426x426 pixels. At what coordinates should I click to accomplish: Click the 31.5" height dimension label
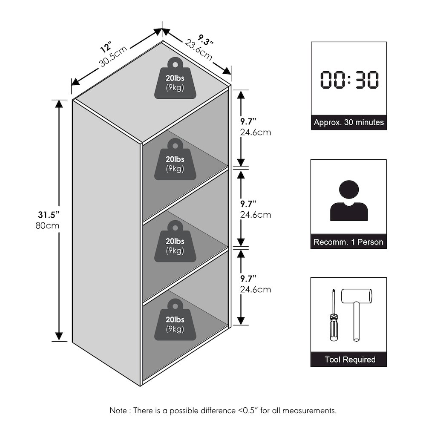tap(49, 215)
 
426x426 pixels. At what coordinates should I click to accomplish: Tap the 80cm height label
tap(48, 225)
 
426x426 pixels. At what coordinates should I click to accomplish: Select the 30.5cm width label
tap(113, 56)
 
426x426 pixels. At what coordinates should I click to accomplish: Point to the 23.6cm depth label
tap(199, 50)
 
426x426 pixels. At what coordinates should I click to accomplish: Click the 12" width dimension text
tap(106, 47)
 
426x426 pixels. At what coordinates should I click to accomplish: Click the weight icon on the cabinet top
tap(175, 78)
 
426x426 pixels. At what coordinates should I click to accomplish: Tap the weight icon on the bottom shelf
tap(175, 320)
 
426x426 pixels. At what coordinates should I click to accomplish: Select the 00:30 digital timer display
tap(349, 80)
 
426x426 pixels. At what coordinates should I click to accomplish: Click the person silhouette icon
tap(349, 201)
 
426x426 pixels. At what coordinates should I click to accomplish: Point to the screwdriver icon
tap(334, 315)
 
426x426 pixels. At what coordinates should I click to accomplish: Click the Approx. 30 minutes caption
tap(349, 122)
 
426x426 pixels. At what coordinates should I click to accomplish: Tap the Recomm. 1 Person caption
tap(348, 242)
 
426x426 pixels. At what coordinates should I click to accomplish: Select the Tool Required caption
tap(350, 360)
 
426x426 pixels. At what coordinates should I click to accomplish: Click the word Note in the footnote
tap(118, 410)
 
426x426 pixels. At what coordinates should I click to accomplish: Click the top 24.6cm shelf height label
tap(255, 132)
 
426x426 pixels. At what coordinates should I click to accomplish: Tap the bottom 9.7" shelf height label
tap(248, 279)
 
